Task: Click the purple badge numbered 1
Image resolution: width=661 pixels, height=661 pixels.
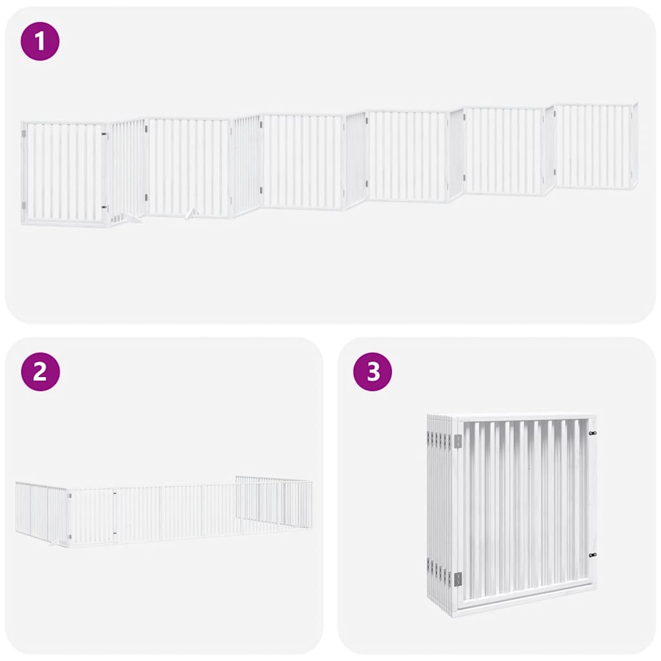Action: (40, 41)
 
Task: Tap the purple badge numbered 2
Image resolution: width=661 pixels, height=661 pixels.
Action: (40, 372)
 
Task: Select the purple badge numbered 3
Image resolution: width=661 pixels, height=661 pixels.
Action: (372, 372)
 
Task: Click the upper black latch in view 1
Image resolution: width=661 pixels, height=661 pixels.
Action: (104, 134)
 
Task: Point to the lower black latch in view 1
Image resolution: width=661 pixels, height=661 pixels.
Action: (104, 207)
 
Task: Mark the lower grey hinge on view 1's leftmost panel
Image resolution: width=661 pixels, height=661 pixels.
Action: (25, 206)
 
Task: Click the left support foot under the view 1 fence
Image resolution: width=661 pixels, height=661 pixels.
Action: (134, 219)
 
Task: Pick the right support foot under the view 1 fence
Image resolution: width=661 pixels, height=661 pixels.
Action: (190, 214)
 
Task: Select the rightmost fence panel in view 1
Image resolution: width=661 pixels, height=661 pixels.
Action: (594, 147)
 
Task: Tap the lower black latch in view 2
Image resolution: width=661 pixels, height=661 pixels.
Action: (115, 533)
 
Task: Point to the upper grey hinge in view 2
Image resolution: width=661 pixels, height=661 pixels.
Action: (70, 496)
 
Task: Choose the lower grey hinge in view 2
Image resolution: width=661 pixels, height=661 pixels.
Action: (70, 536)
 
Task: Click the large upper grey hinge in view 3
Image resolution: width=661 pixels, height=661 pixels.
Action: (458, 441)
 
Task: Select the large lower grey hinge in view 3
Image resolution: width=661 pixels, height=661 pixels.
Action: (458, 579)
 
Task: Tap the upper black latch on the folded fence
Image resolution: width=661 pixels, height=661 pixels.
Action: (593, 434)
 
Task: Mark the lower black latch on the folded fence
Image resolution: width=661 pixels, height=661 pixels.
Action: (593, 555)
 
